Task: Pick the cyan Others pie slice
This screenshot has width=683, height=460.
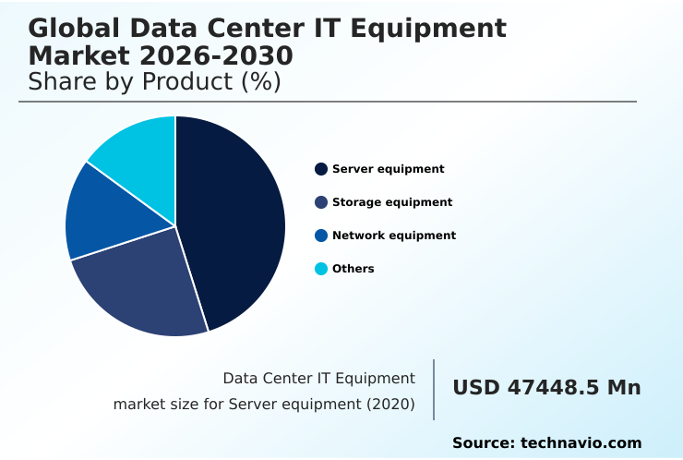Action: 138,152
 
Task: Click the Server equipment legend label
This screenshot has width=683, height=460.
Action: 388,169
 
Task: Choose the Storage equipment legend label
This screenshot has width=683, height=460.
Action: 392,202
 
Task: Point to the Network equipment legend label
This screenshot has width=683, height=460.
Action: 394,236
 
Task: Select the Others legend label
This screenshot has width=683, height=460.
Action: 353,269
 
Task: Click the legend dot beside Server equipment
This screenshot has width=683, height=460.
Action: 321,169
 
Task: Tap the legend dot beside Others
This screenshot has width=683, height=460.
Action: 321,269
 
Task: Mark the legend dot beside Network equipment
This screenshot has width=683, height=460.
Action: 321,236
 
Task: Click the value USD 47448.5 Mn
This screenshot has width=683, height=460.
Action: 546,388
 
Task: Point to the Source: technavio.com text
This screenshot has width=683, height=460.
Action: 546,443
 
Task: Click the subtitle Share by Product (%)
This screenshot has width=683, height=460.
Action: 154,81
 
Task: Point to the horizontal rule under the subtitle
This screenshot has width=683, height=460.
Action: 328,102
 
